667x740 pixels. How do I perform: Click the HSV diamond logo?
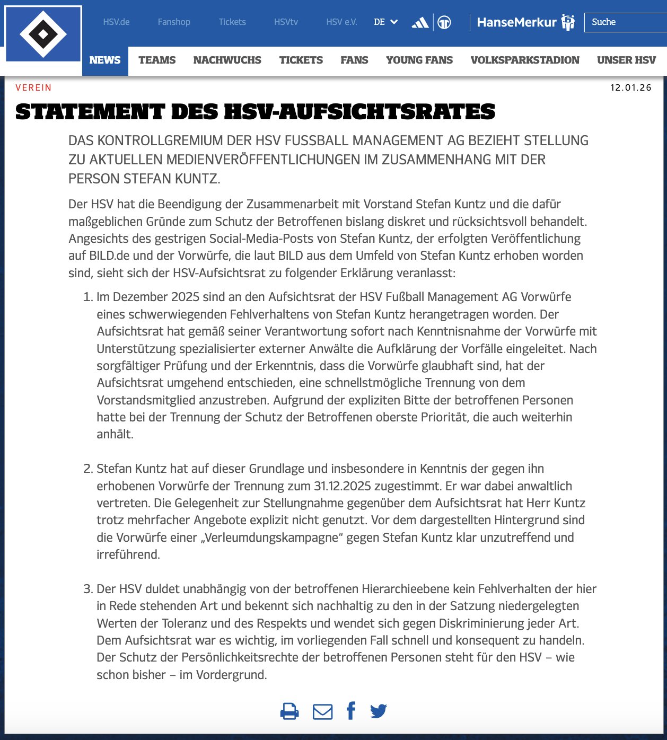coord(43,34)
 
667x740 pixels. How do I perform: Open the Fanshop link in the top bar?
coord(174,22)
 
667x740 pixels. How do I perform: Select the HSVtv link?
coord(286,22)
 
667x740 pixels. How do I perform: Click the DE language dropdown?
coord(385,22)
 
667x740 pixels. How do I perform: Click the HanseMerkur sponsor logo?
coord(525,22)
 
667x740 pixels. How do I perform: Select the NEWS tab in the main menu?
coord(105,60)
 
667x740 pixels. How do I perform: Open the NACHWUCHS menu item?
coord(227,60)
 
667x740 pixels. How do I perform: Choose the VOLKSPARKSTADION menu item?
coord(525,60)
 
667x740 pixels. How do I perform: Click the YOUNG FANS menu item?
coord(419,60)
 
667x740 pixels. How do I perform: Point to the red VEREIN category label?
coord(33,87)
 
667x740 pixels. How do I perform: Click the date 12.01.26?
coord(630,87)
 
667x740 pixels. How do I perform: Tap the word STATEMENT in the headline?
coord(90,112)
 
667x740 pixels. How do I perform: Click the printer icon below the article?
coord(289,711)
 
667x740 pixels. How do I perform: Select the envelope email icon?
coord(322,711)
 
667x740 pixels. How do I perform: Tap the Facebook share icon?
coord(351,710)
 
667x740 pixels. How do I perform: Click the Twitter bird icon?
coord(379,711)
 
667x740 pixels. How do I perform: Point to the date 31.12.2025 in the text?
coord(343,486)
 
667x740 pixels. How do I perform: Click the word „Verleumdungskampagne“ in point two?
coord(272,538)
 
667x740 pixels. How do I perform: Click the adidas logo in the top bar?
coord(420,22)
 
